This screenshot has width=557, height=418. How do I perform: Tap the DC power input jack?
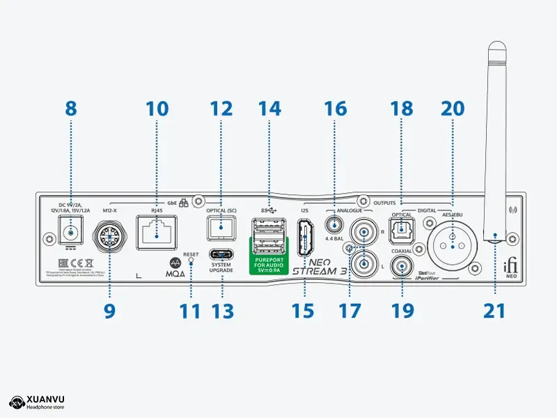pyautogui.click(x=68, y=229)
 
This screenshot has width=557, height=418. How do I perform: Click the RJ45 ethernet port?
pyautogui.click(x=157, y=231)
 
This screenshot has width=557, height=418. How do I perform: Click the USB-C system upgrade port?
pyautogui.click(x=221, y=254)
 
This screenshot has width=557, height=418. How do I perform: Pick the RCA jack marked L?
pyautogui.click(x=363, y=263)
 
